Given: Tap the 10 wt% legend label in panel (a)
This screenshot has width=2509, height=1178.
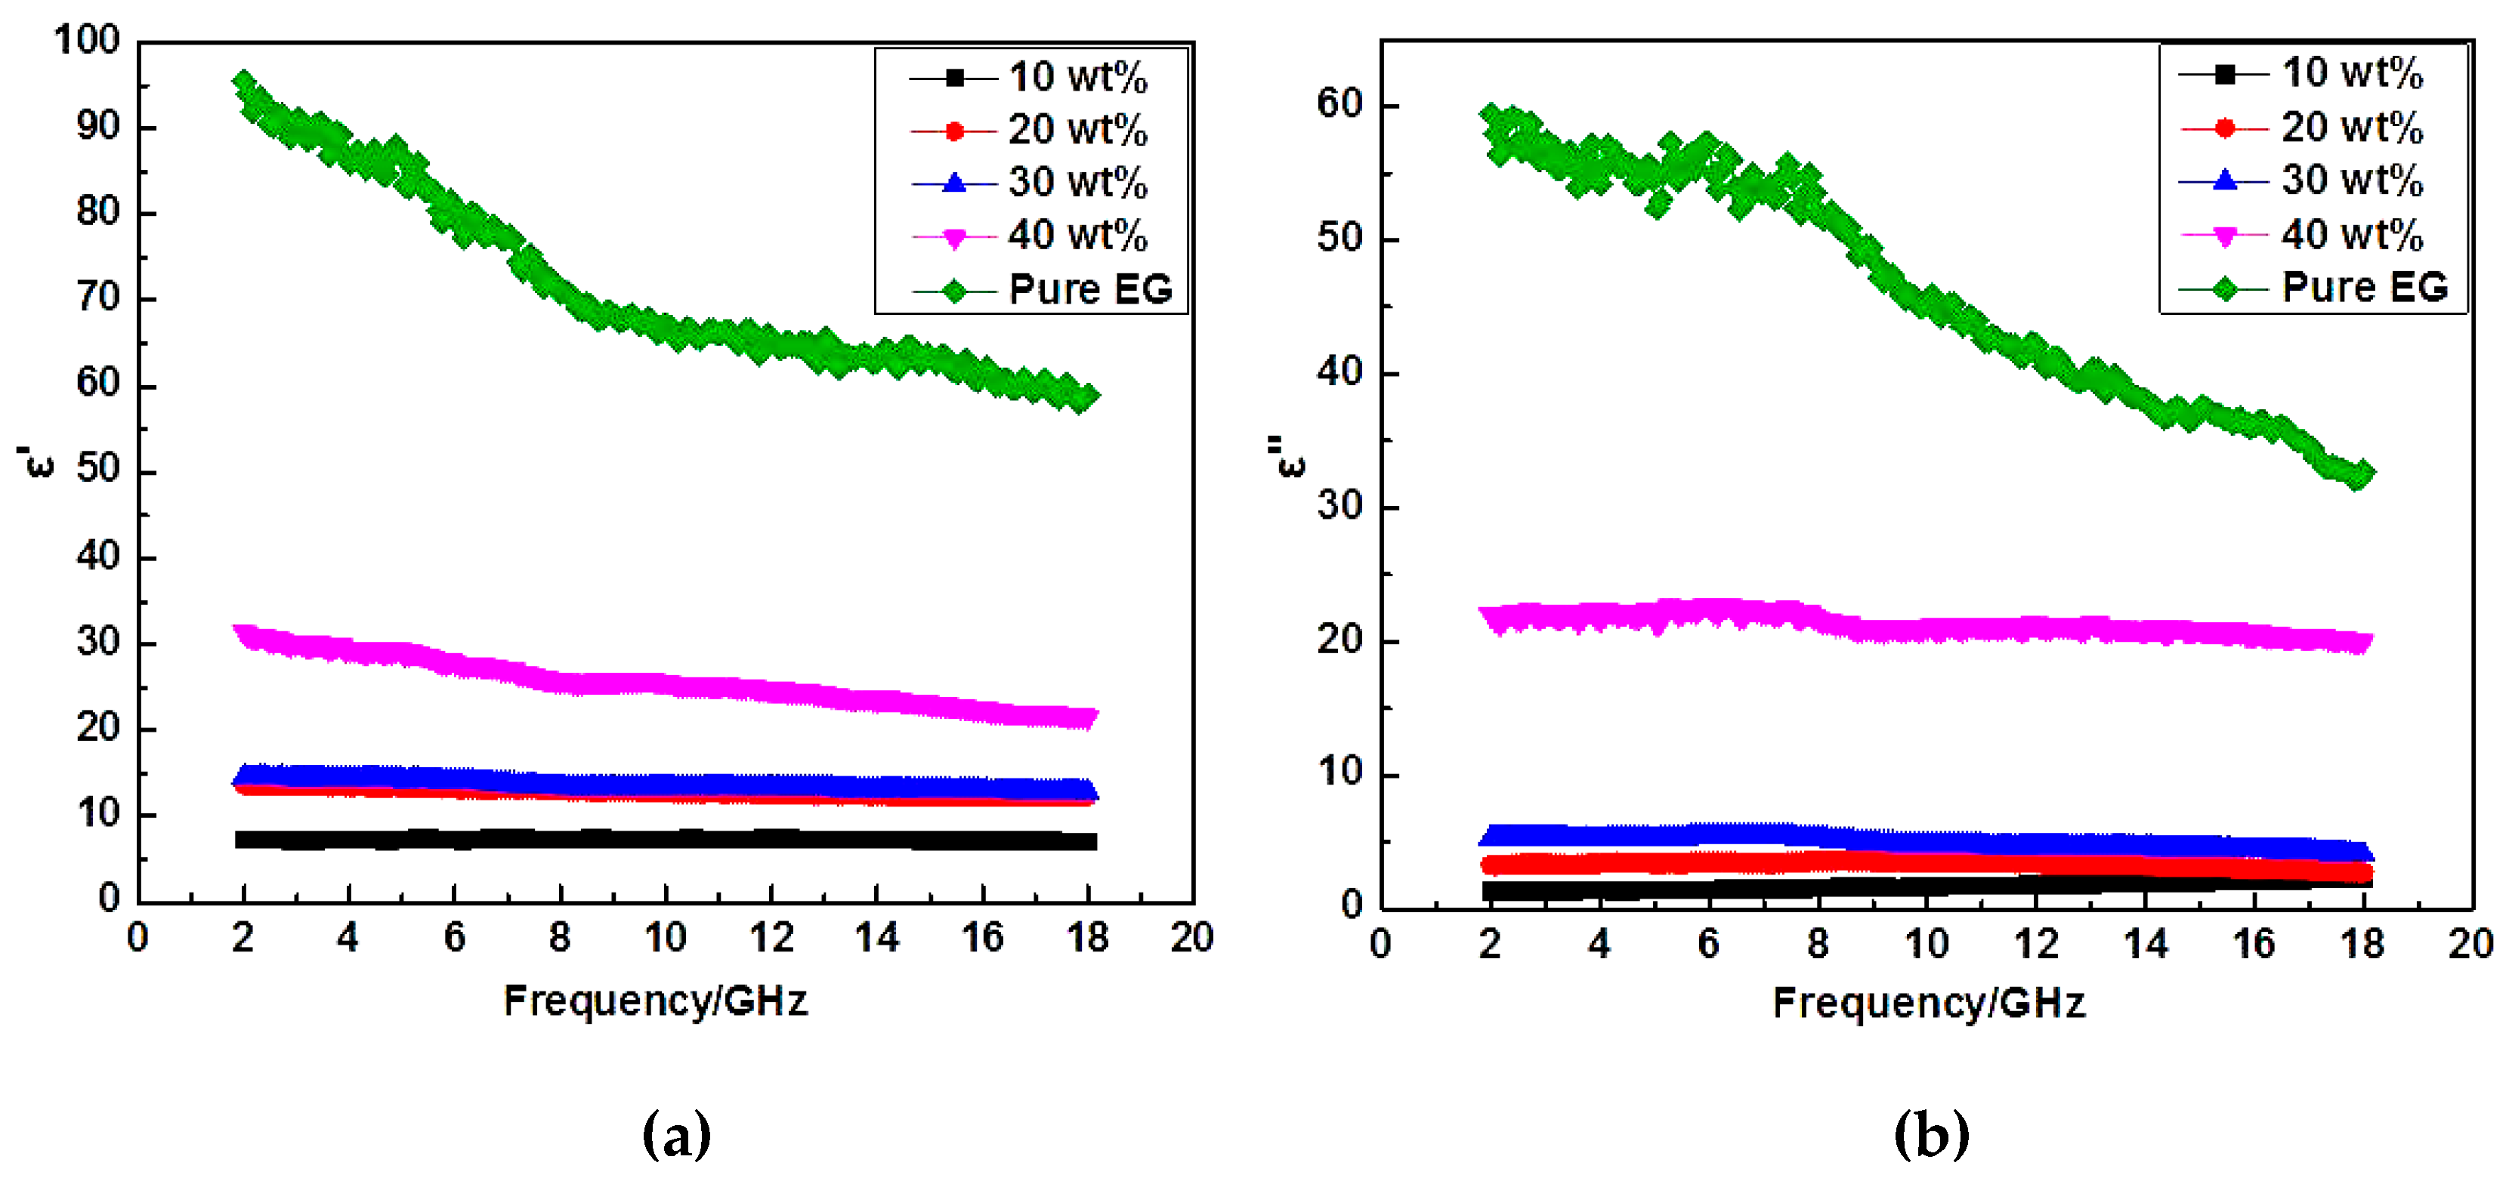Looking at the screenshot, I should coord(1077,77).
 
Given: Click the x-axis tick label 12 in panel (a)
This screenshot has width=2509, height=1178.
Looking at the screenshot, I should coord(771,939).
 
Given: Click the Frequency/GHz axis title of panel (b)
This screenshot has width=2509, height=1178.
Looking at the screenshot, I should coord(1929,1003).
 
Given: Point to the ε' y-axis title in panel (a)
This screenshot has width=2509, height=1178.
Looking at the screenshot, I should coord(37,461).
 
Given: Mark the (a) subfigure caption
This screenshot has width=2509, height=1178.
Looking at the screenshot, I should coord(676,1135).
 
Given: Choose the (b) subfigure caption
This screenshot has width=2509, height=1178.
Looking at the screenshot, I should coord(1930,1135).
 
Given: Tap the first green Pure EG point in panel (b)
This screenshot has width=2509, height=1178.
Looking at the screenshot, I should coord(1489,115).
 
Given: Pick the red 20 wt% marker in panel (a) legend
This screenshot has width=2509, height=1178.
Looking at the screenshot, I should coord(954,131).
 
